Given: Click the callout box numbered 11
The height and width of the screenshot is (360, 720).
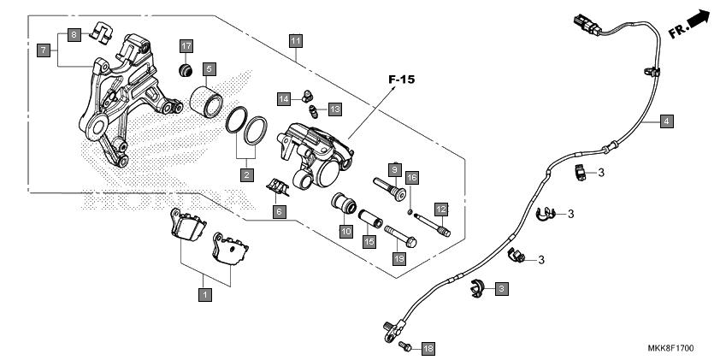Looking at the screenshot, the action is pyautogui.click(x=296, y=41).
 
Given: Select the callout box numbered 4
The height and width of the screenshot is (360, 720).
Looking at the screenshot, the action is pyautogui.click(x=667, y=121).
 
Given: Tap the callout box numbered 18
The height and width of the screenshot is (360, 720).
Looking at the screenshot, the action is pyautogui.click(x=428, y=349).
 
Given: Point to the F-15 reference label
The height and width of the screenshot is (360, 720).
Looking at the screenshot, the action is pyautogui.click(x=401, y=80).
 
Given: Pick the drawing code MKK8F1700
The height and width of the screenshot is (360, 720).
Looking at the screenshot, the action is pyautogui.click(x=670, y=348).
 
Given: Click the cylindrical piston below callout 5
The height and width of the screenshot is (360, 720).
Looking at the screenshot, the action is pyautogui.click(x=207, y=102).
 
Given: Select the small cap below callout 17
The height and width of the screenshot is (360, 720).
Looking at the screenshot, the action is pyautogui.click(x=186, y=71).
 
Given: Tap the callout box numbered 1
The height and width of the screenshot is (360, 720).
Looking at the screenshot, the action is pyautogui.click(x=205, y=294).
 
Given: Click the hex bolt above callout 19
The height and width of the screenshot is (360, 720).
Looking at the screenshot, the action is pyautogui.click(x=400, y=236).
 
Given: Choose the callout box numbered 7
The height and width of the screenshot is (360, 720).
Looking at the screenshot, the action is pyautogui.click(x=44, y=50).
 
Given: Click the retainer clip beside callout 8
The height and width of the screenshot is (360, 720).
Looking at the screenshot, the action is pyautogui.click(x=101, y=33).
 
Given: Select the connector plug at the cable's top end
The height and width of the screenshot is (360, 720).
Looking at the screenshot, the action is pyautogui.click(x=587, y=26).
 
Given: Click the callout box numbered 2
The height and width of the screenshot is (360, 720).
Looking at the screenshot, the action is pyautogui.click(x=247, y=174).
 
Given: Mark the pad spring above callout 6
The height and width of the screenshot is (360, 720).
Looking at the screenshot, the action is pyautogui.click(x=278, y=187).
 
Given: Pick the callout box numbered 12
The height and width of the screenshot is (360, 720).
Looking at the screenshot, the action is pyautogui.click(x=441, y=210).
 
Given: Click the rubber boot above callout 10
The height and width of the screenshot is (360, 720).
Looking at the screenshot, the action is pyautogui.click(x=344, y=204).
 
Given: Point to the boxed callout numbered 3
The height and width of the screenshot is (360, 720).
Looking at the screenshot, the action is pyautogui.click(x=501, y=289).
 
